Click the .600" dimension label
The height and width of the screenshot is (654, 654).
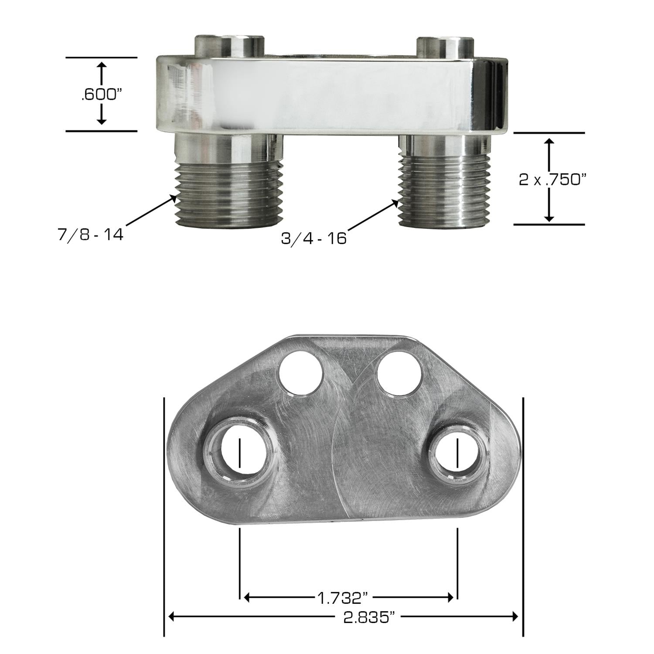click(100, 95)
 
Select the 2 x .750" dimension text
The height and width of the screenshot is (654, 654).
click(551, 179)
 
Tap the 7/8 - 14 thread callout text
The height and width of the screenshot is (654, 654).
click(91, 235)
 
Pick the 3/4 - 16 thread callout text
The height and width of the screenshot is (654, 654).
click(314, 238)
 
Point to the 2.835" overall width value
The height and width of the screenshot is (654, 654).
click(365, 617)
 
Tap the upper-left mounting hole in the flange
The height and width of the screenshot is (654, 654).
click(301, 373)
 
